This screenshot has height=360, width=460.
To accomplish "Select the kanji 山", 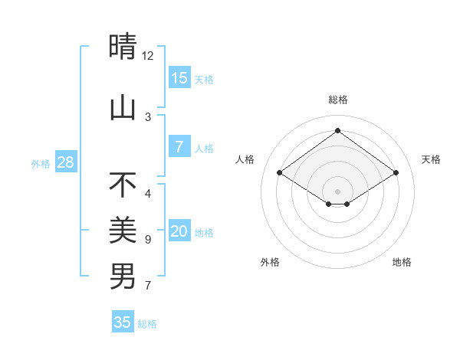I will click(123, 108).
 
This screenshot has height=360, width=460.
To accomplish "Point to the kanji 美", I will click(123, 229).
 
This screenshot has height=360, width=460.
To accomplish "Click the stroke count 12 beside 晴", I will click(148, 56).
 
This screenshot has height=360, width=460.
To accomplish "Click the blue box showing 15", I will click(179, 77).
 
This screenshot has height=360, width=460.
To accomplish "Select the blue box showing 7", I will click(179, 147).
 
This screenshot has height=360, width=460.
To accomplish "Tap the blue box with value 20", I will click(179, 231).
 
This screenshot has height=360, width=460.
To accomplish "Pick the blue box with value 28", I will click(65, 162).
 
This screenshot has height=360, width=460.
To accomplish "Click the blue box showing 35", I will click(123, 322).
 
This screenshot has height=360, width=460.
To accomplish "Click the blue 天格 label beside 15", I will click(204, 79).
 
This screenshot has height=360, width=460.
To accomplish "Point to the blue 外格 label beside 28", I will click(41, 163).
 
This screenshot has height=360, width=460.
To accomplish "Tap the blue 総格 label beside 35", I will click(147, 324).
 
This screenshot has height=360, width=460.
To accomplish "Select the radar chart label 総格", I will click(337, 100).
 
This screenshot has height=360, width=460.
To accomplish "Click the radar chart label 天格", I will click(431, 159).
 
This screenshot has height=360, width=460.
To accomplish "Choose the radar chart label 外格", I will click(270, 262).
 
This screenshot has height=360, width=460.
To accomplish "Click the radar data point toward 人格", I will click(280, 173).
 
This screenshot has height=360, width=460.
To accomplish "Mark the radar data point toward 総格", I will click(337, 131).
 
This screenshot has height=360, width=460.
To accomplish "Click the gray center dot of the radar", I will click(337, 191).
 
